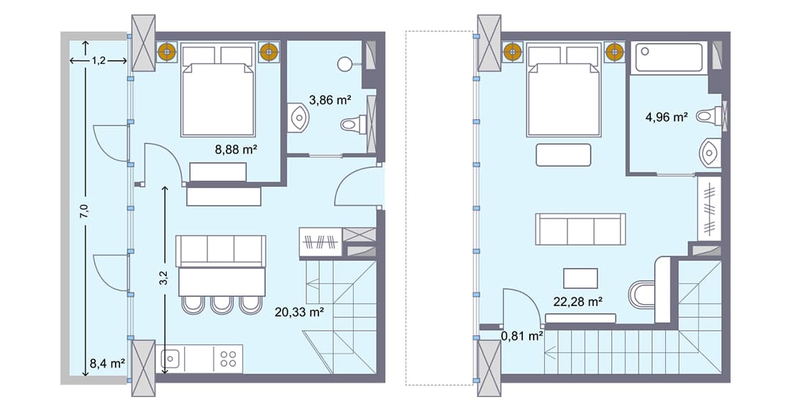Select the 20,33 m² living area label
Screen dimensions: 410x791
pos(299,312)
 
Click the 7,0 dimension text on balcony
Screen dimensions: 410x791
pos(84,211)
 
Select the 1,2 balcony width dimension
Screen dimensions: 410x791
pos(99,61)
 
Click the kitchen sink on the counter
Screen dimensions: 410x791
pos(170,358)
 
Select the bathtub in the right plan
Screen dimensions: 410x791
pos(669,58)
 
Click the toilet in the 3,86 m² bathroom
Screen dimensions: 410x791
pos(350,125)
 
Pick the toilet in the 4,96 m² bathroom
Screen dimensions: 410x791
pos(710,115)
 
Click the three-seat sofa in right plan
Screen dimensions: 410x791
pos(580,229)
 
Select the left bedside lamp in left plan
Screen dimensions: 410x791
pos(168,51)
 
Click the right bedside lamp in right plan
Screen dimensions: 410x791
pos(614,51)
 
